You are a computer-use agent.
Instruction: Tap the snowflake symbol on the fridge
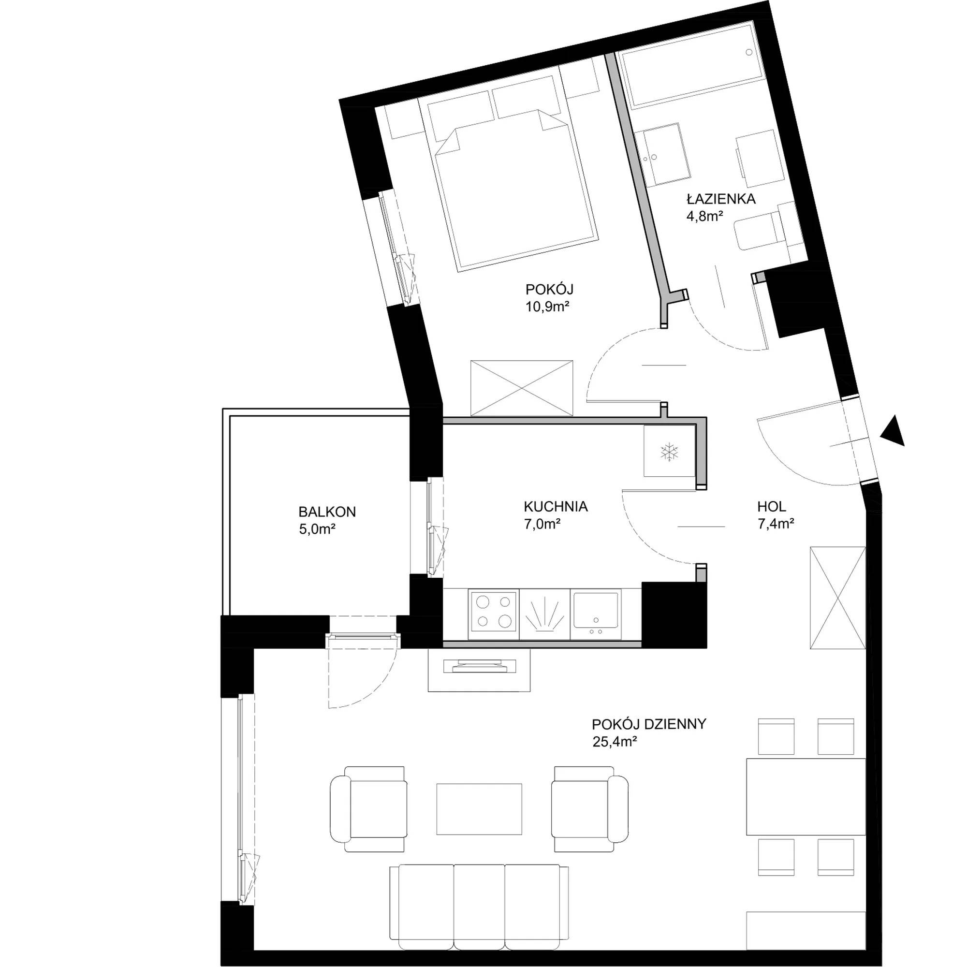[x=670, y=452]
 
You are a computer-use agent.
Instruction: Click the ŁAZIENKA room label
[x=721, y=199]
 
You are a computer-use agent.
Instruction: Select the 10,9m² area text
[x=548, y=307]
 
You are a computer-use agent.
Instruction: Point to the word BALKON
[x=327, y=512]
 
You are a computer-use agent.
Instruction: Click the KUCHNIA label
[x=556, y=507]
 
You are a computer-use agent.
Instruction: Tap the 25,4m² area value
[x=614, y=742]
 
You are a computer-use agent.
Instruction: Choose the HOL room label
[x=771, y=507]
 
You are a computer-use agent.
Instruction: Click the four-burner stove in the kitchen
[x=494, y=614]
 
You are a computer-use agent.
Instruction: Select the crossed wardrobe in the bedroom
[x=522, y=387]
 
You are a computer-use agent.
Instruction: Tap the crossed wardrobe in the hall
[x=838, y=599]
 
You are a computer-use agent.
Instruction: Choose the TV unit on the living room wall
[x=479, y=670]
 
